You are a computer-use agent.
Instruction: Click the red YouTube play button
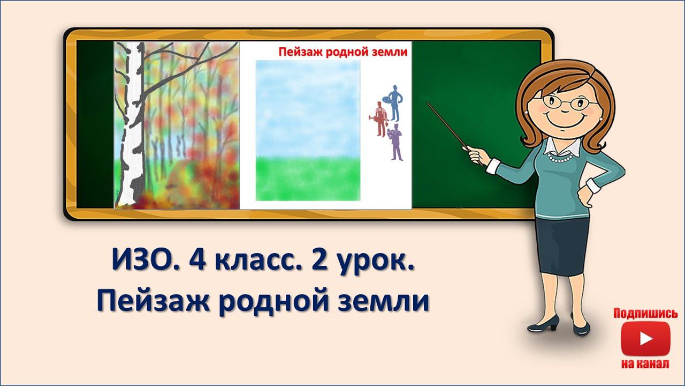coord(645,339)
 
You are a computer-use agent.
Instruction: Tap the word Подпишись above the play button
coord(645,314)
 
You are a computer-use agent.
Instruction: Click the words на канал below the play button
coord(645,364)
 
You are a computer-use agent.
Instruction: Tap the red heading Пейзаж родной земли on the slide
coord(343,52)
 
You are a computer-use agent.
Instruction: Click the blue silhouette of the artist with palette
coord(394,103)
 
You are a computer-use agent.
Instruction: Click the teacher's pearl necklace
coord(560,158)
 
